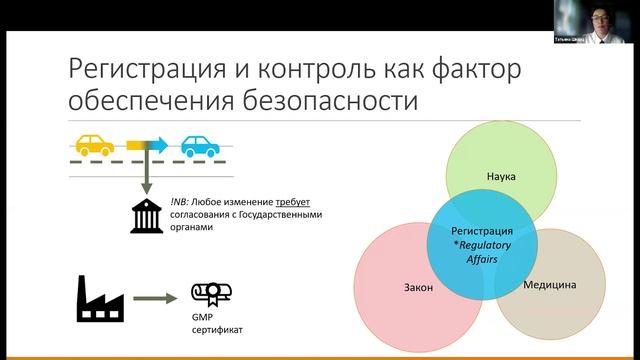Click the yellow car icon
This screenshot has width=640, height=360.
95,146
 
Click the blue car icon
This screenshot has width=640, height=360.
200,146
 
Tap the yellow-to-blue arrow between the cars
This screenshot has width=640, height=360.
148,146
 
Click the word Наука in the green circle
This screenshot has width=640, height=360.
500,176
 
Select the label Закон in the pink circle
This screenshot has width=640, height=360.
406,288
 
